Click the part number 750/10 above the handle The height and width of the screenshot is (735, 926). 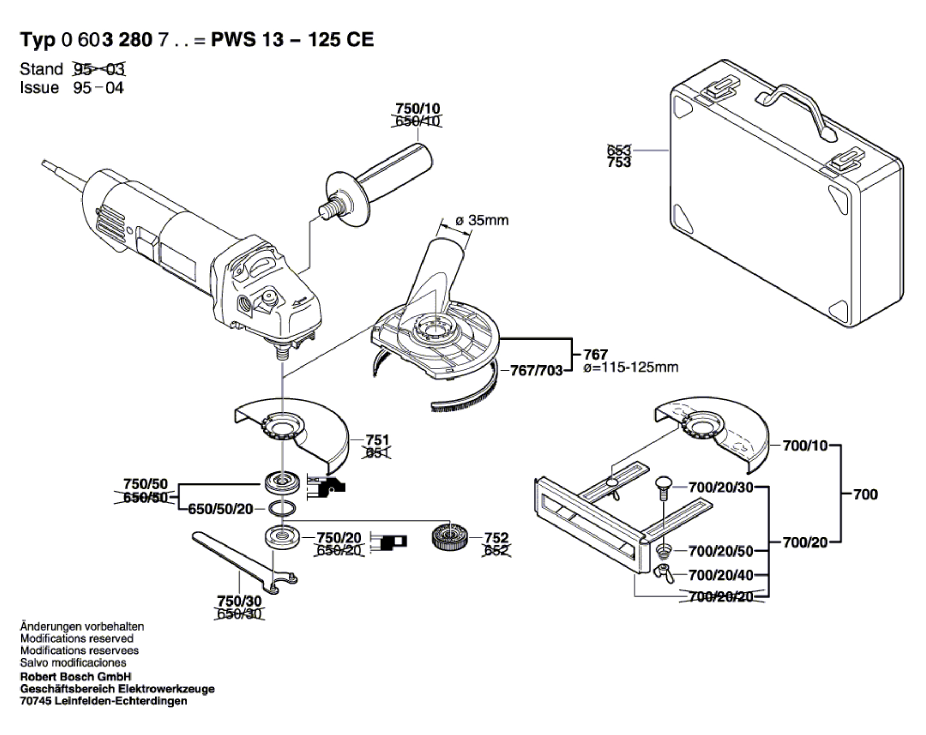(418, 108)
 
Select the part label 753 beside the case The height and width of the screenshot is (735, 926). (619, 163)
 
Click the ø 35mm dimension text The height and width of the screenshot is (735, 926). (482, 220)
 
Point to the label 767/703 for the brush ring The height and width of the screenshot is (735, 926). (536, 371)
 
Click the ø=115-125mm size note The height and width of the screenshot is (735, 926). (631, 367)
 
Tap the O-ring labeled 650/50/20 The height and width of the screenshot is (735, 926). (281, 509)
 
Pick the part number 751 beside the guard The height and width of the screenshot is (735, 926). (377, 440)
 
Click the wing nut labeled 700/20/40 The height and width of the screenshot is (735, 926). (663, 573)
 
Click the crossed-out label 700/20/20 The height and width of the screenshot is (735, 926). (721, 597)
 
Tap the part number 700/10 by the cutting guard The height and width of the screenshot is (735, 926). (805, 445)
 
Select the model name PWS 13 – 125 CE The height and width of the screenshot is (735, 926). (292, 40)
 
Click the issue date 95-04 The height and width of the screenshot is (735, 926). (98, 87)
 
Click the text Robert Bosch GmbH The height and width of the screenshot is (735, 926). (76, 677)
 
